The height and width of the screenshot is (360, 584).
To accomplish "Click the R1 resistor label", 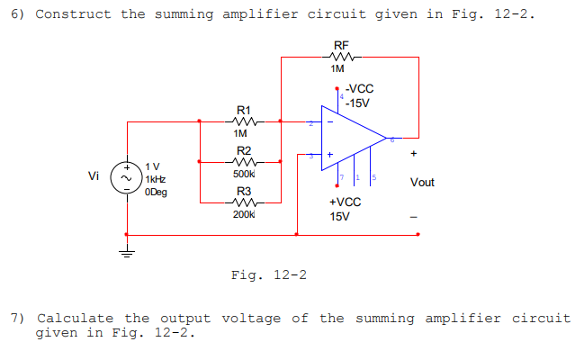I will [243, 108].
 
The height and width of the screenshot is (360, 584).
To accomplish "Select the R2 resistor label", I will [243, 150].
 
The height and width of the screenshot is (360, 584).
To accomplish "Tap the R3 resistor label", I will [243, 192].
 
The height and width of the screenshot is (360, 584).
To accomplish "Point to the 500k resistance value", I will [244, 174].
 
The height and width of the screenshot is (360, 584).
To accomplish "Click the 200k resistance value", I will [244, 215].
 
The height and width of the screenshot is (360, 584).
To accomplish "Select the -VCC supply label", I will [359, 89].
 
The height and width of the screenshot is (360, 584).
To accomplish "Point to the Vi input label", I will [94, 175].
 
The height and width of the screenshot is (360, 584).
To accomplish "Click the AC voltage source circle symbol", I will [126, 178].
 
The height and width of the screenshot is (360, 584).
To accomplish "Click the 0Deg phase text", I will [156, 192].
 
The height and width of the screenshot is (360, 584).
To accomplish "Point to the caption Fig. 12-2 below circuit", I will [268, 274].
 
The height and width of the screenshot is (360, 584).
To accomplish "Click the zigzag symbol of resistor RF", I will [340, 57].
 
